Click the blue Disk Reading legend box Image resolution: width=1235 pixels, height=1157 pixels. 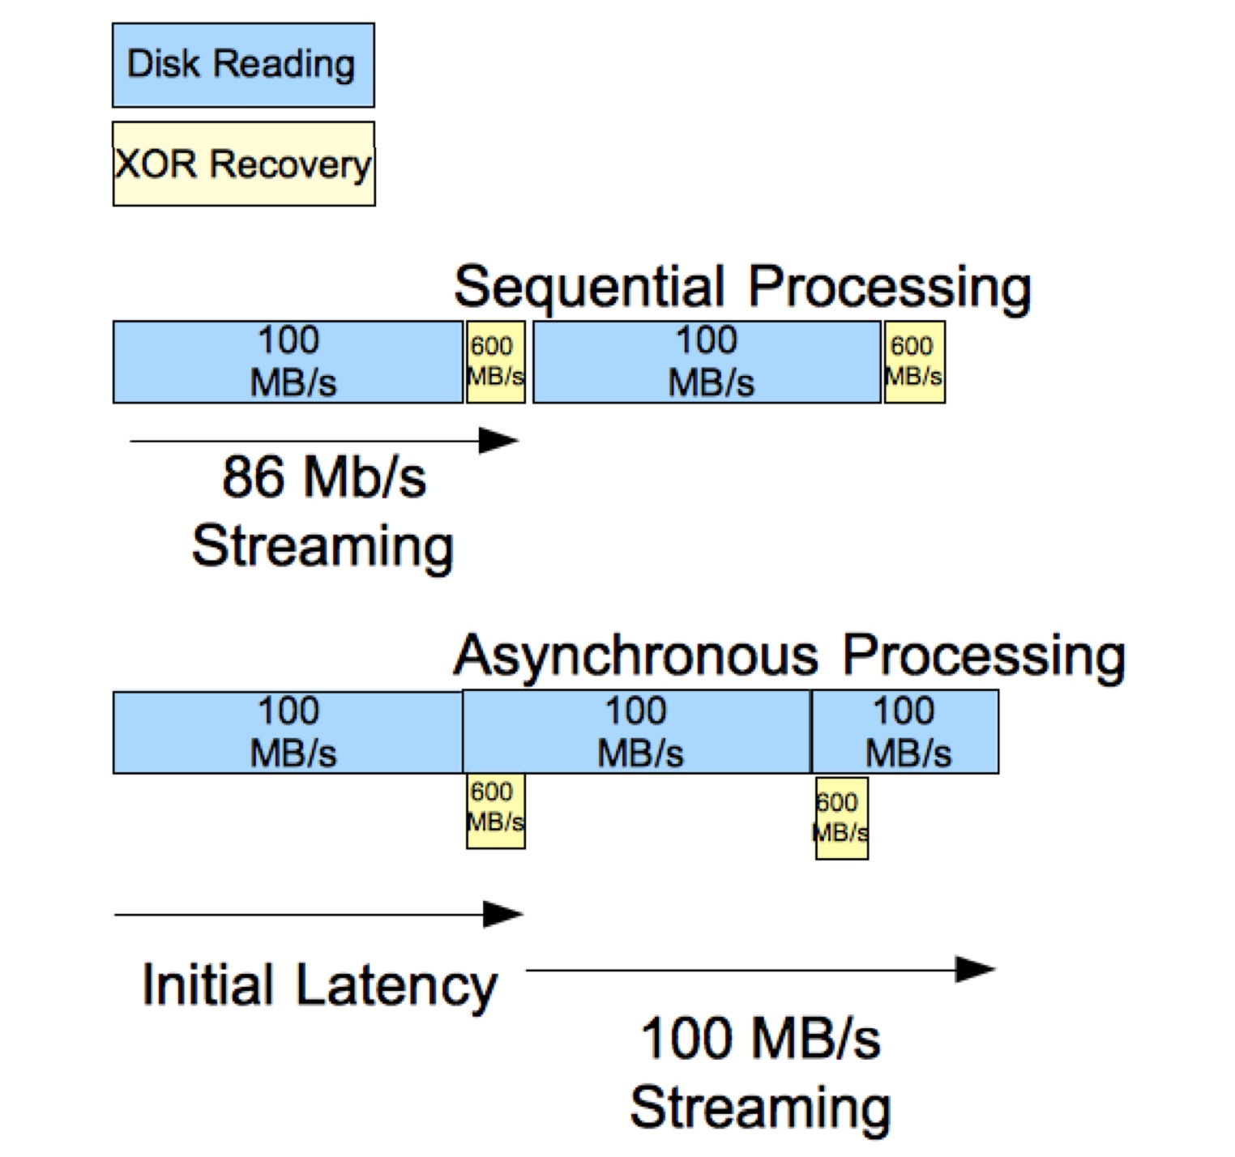(243, 65)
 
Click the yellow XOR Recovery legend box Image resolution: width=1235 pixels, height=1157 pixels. (243, 164)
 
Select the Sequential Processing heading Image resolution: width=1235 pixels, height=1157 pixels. (741, 287)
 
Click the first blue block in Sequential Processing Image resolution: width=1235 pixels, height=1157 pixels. (288, 362)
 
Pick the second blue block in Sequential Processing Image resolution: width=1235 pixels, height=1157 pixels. (707, 362)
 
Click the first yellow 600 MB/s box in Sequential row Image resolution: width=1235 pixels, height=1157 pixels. (496, 362)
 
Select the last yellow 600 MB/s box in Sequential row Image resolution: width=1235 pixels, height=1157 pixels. (915, 362)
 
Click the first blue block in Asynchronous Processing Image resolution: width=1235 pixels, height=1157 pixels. (288, 732)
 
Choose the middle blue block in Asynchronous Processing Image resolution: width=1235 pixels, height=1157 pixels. (637, 732)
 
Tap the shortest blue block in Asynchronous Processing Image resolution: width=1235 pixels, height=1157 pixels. (905, 732)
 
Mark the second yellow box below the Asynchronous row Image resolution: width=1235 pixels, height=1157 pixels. (842, 818)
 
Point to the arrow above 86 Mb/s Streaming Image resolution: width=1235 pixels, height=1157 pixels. (324, 441)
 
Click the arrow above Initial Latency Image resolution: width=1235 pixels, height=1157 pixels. (318, 915)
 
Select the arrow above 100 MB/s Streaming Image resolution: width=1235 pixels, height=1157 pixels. (760, 969)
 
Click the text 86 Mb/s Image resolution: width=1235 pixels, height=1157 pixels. (324, 476)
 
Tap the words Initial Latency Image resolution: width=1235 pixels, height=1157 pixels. (319, 986)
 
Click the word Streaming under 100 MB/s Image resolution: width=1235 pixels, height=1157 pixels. (760, 1108)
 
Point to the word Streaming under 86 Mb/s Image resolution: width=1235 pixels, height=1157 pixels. (323, 546)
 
